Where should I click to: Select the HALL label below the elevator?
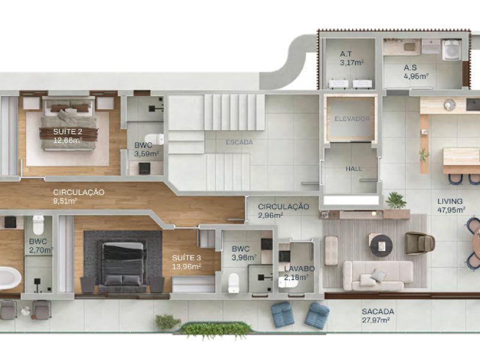pos(354,169)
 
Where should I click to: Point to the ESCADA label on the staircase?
pos(239,142)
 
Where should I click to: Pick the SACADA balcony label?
pos(377,311)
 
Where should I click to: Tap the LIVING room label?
pos(450,201)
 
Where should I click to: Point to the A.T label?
pos(346,53)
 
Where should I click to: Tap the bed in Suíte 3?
pos(123,263)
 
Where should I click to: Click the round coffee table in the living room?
pos(381,245)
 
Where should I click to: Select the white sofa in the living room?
pos(377,275)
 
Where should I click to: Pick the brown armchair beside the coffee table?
pos(419,242)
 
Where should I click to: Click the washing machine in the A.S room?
pos(451,50)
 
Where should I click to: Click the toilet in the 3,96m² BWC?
pos(234,282)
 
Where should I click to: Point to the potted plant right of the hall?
pos(396,199)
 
